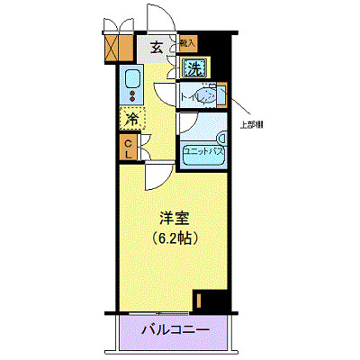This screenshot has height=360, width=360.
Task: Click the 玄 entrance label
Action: [x=156, y=49]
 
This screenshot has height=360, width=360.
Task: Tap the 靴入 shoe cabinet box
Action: [x=187, y=42]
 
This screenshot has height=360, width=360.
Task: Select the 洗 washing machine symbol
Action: [x=194, y=67]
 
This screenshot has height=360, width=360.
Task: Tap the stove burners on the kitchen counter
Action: [x=131, y=95]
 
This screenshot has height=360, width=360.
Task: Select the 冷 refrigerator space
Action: [x=131, y=118]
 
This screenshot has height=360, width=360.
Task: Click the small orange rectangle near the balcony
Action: [x=198, y=303]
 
